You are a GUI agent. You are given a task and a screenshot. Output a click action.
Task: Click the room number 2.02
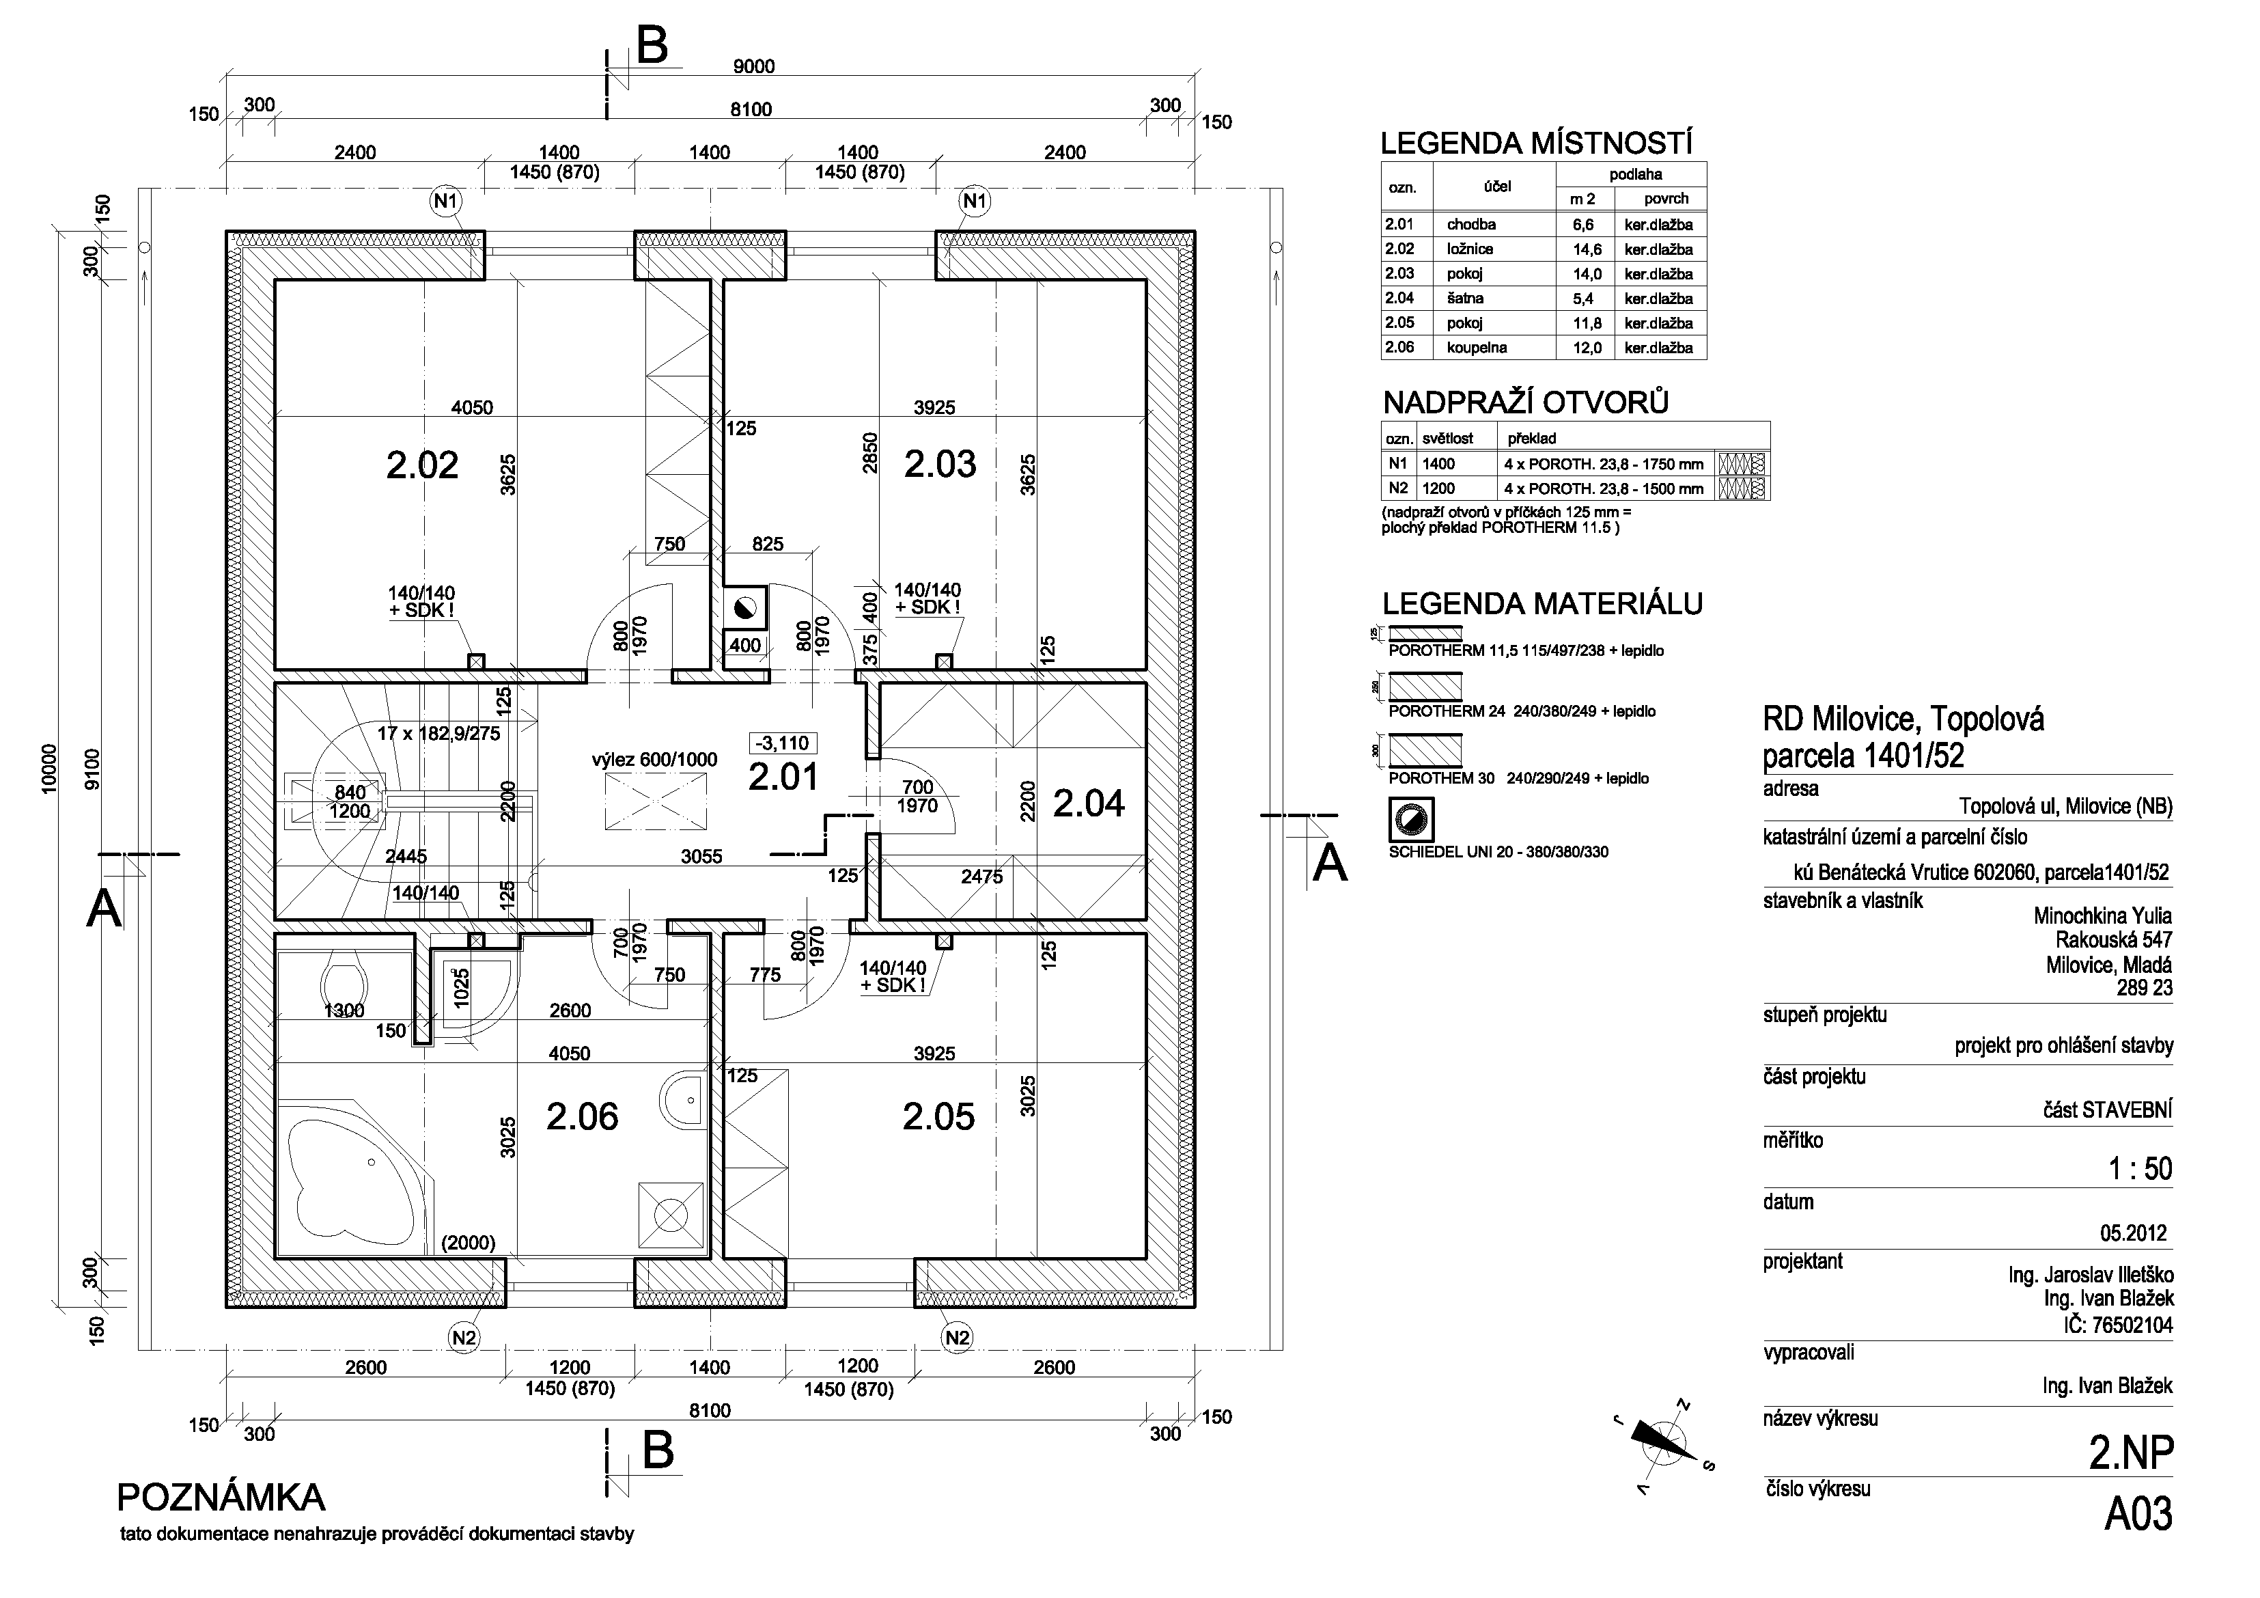coord(422,464)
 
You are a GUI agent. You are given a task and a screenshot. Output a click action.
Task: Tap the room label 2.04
coord(1089,803)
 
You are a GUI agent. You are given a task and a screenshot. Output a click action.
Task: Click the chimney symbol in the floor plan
coord(744,607)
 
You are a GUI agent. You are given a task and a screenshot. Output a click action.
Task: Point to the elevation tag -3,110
coord(783,743)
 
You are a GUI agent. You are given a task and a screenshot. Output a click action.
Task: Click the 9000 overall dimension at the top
coord(754,66)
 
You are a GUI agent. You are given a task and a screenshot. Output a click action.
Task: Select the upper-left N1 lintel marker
coord(446,201)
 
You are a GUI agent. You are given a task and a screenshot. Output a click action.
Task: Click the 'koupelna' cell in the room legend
coord(1477,348)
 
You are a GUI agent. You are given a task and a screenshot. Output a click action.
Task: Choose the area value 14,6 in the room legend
coord(1587,249)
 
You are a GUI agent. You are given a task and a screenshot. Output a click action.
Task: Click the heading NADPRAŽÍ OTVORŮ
coord(1526,402)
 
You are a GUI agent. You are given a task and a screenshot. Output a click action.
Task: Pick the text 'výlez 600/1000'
coord(654,760)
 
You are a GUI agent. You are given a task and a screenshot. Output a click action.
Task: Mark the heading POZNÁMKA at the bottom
coord(221,1498)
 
